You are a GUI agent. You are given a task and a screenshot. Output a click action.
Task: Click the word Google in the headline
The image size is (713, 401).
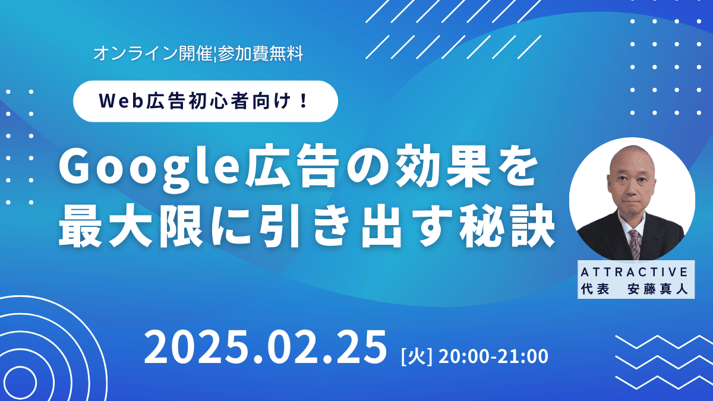pyautogui.click(x=149, y=169)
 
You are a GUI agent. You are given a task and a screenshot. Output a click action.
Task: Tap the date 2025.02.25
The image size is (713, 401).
pyautogui.click(x=265, y=347)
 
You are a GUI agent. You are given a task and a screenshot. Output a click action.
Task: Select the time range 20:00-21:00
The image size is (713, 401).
pyautogui.click(x=493, y=356)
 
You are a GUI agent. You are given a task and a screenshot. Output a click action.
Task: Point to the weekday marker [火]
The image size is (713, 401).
pyautogui.click(x=417, y=357)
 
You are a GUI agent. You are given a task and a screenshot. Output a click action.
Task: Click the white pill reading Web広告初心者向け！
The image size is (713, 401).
pyautogui.click(x=206, y=101)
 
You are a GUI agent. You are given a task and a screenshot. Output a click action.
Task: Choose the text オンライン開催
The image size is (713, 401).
pyautogui.click(x=153, y=53)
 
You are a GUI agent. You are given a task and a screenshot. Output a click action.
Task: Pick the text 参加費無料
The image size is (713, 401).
pyautogui.click(x=260, y=53)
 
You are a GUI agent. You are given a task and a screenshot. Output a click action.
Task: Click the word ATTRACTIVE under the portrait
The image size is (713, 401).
pyautogui.click(x=635, y=272)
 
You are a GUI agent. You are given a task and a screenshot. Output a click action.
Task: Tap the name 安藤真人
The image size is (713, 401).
pyautogui.click(x=658, y=289)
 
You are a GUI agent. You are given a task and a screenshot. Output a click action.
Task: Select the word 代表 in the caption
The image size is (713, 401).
pyautogui.click(x=595, y=289)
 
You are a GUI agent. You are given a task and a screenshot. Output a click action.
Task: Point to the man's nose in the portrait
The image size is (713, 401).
pyautogui.click(x=630, y=188)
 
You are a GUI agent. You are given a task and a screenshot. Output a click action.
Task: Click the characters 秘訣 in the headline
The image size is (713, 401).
pyautogui.click(x=507, y=226)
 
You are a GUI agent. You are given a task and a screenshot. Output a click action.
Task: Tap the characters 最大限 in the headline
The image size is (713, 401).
pyautogui.click(x=131, y=226)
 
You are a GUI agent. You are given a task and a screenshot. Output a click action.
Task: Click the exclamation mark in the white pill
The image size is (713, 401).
pyautogui.click(x=304, y=100)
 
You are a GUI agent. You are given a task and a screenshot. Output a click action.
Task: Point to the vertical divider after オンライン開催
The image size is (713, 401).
pyautogui.click(x=215, y=54)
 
